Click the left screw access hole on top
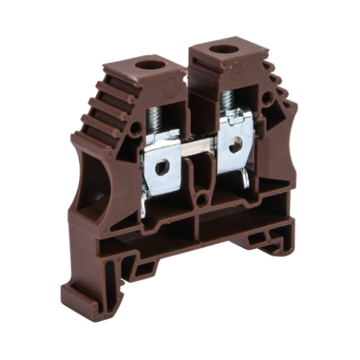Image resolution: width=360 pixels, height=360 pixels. click(x=151, y=64)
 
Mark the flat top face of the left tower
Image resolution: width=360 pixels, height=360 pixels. click(x=146, y=69)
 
